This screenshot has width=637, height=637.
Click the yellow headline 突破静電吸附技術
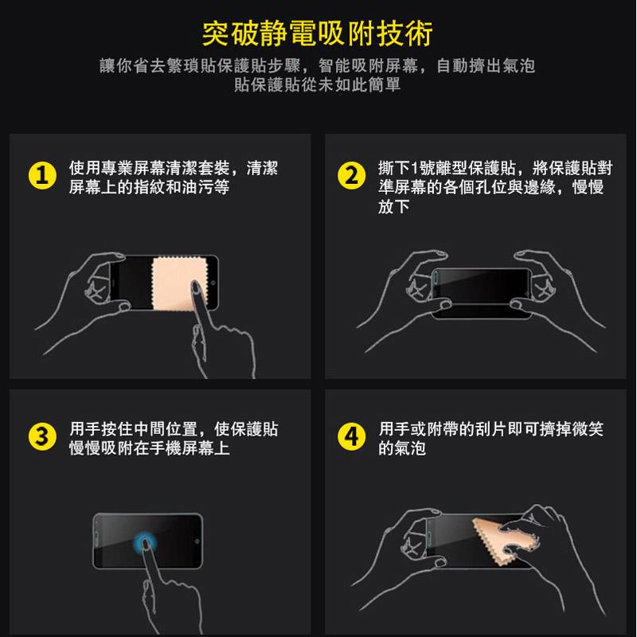pyautogui.click(x=317, y=33)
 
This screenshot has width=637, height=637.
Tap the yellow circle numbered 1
pyautogui.click(x=42, y=175)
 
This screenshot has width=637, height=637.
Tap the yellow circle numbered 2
pyautogui.click(x=351, y=175)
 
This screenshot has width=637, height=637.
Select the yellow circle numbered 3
pyautogui.click(x=42, y=436)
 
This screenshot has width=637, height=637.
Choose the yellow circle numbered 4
pyautogui.click(x=351, y=436)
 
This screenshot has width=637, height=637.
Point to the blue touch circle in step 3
pyautogui.click(x=145, y=543)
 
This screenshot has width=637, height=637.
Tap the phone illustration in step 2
pyautogui.click(x=482, y=293)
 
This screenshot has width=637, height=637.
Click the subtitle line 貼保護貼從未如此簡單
pyautogui.click(x=317, y=84)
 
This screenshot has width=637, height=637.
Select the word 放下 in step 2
pyautogui.click(x=393, y=206)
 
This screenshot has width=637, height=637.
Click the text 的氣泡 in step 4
pyautogui.click(x=402, y=448)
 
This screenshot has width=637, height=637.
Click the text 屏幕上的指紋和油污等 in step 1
pyautogui.click(x=149, y=187)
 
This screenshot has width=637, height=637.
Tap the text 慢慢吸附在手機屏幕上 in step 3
pyautogui.click(x=149, y=448)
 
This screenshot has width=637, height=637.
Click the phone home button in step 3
pyautogui.click(x=197, y=541)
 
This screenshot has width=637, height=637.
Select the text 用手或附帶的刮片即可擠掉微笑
pyautogui.click(x=490, y=429)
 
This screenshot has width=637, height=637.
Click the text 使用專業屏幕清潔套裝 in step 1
pyautogui.click(x=149, y=168)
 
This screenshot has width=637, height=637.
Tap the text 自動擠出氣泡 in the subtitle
pyautogui.click(x=486, y=66)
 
